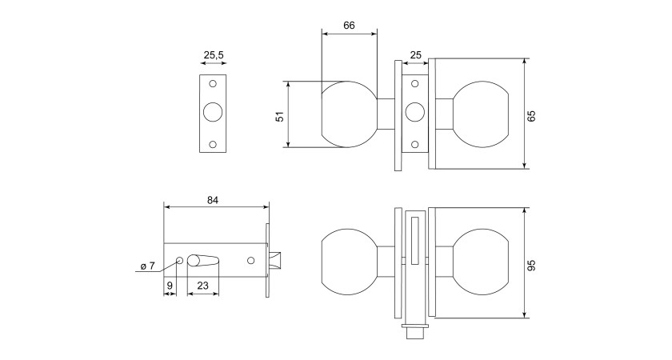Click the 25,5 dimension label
tap(214, 55)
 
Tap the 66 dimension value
tap(349, 25)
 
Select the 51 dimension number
tap(280, 114)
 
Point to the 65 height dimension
tap(531, 114)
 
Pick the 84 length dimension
tap(212, 200)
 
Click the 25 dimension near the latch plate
tap(415, 55)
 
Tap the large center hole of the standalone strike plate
tap(214, 112)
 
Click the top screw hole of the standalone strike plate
tap(214, 84)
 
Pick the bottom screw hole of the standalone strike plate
tap(214, 144)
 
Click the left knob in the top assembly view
tap(348, 114)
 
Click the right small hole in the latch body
tap(252, 261)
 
